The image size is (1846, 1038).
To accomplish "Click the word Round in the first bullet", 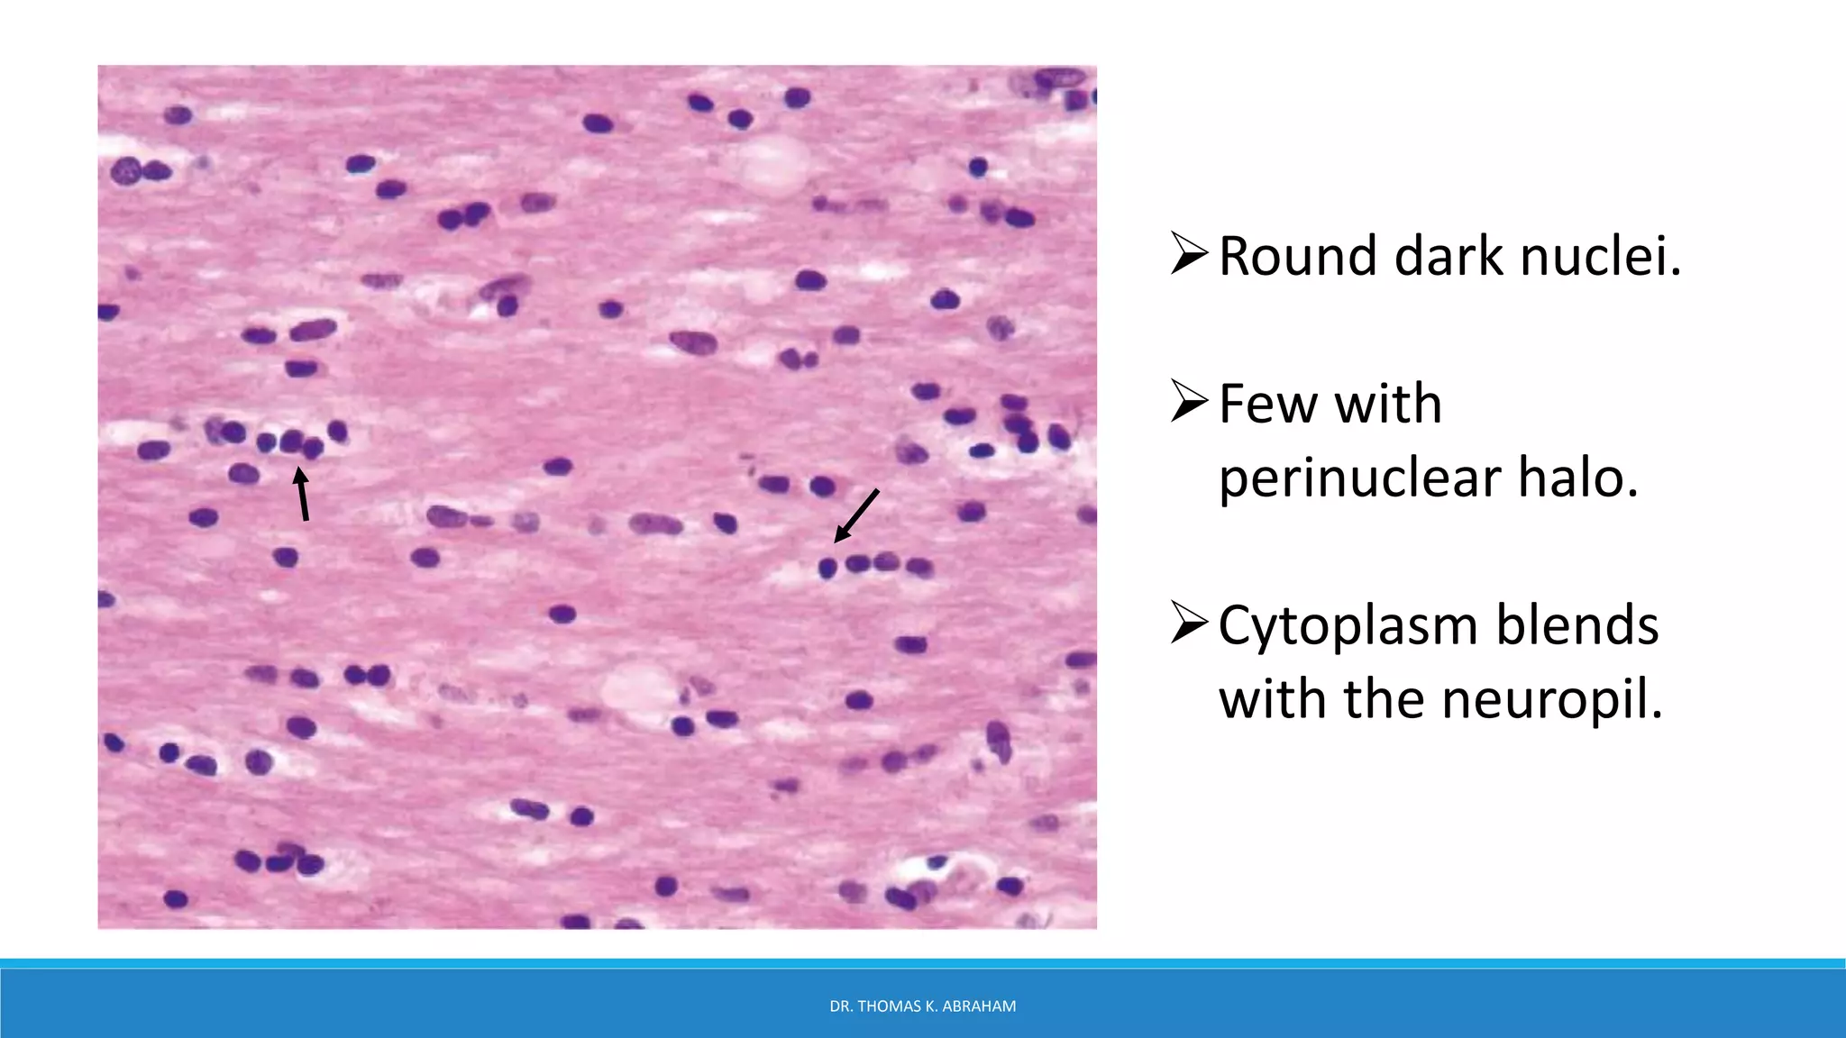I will click(1297, 256).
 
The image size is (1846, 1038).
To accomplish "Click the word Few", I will click(1267, 404).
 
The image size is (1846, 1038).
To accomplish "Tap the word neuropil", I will click(1548, 701).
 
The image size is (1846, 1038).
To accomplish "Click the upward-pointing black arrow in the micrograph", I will click(303, 493).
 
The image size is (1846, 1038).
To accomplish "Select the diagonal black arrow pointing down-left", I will click(855, 516).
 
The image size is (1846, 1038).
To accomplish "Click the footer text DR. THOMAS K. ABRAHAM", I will click(922, 1006).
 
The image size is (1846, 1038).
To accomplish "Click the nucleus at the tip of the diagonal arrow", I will click(827, 567).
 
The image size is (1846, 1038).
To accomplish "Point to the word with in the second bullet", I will click(1388, 404).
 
